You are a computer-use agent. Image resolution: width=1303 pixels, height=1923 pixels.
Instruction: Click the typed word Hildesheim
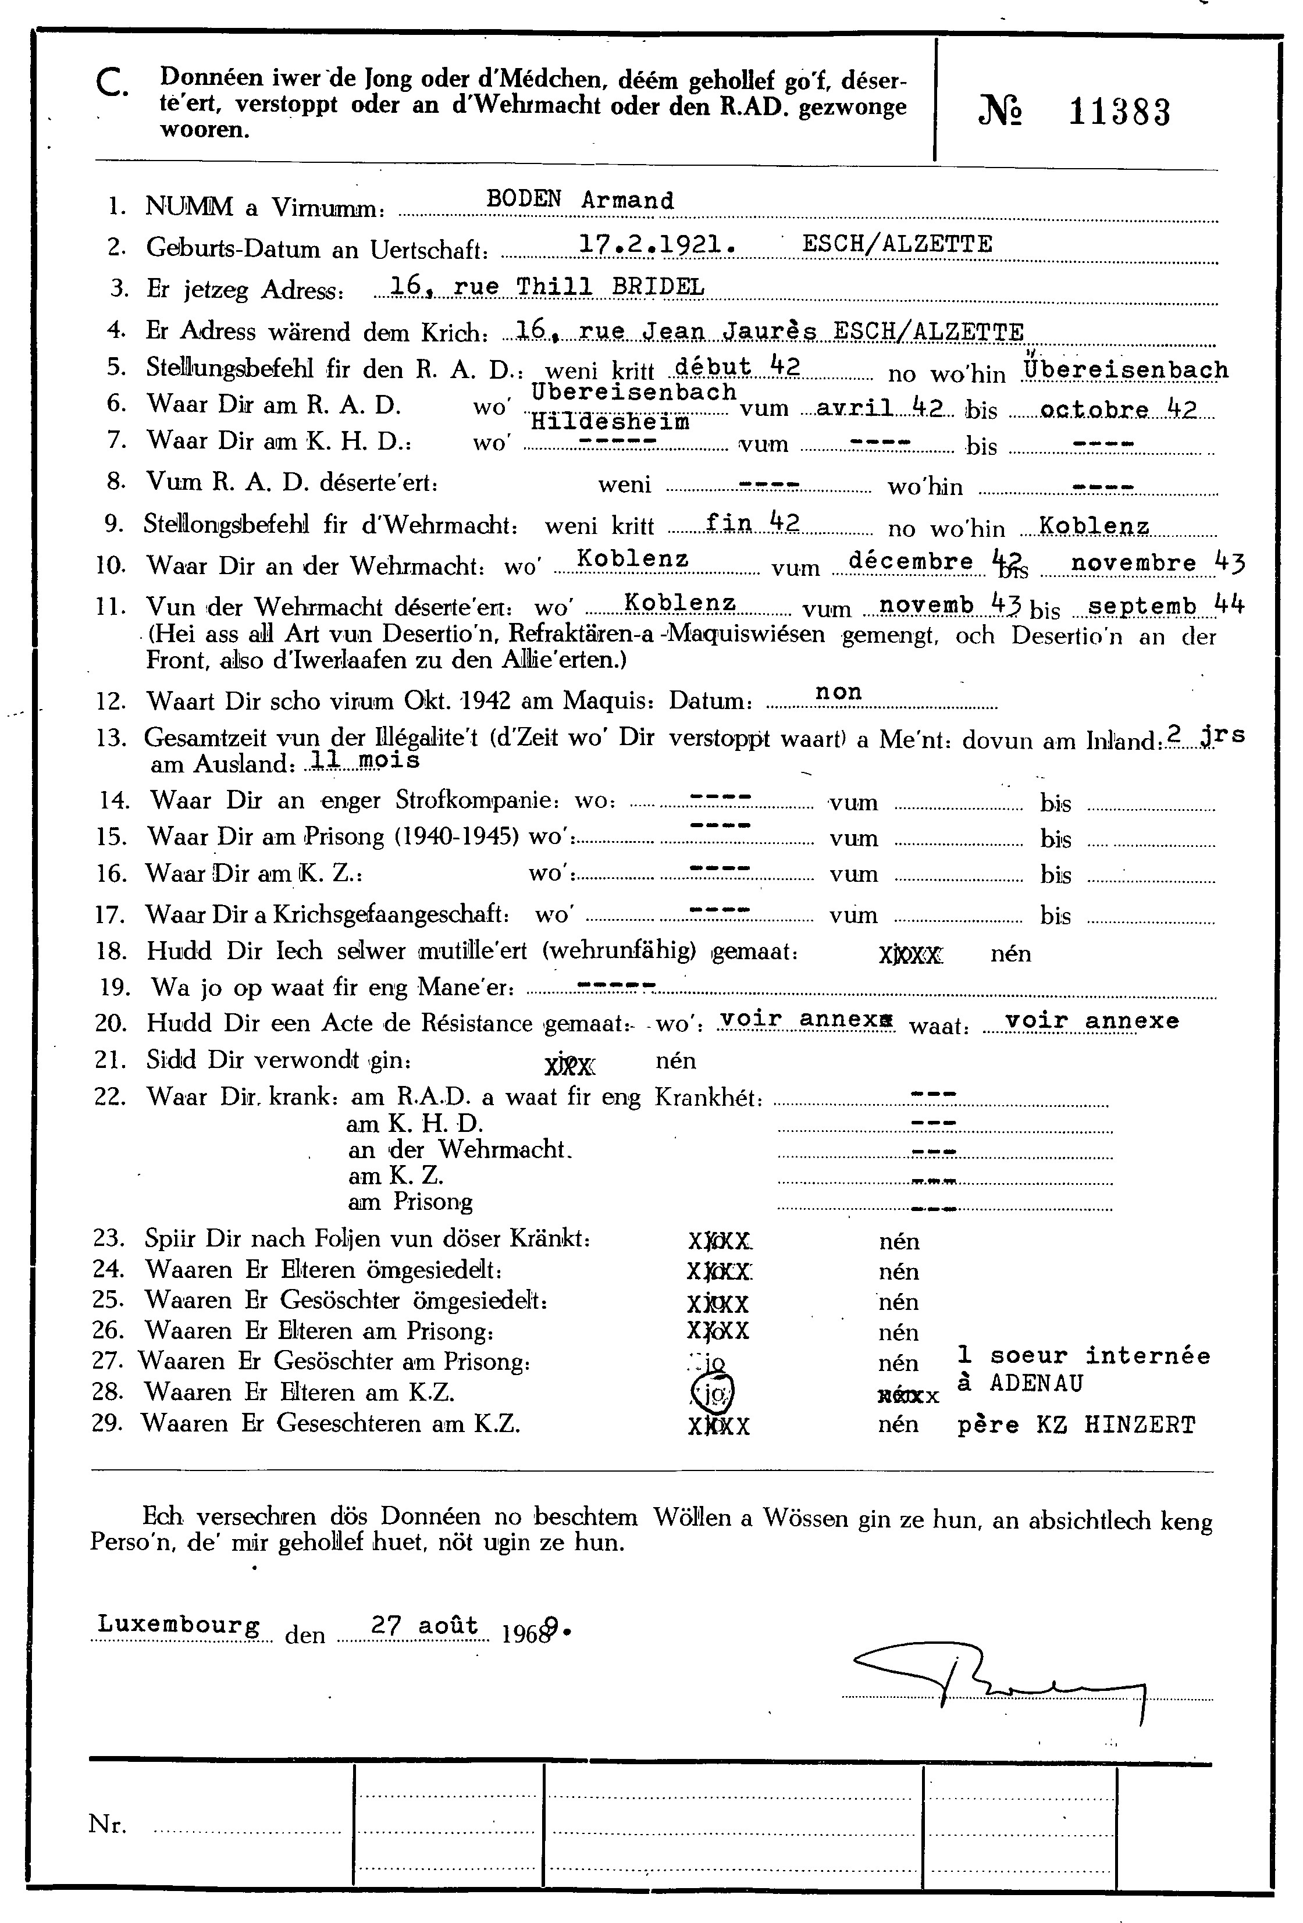tap(610, 422)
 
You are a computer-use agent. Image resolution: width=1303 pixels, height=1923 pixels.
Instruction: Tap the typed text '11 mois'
tap(363, 758)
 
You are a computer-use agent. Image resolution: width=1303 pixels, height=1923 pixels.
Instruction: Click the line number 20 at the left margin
tap(110, 1024)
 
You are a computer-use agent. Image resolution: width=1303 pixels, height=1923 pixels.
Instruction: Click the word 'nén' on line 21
tap(676, 1060)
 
